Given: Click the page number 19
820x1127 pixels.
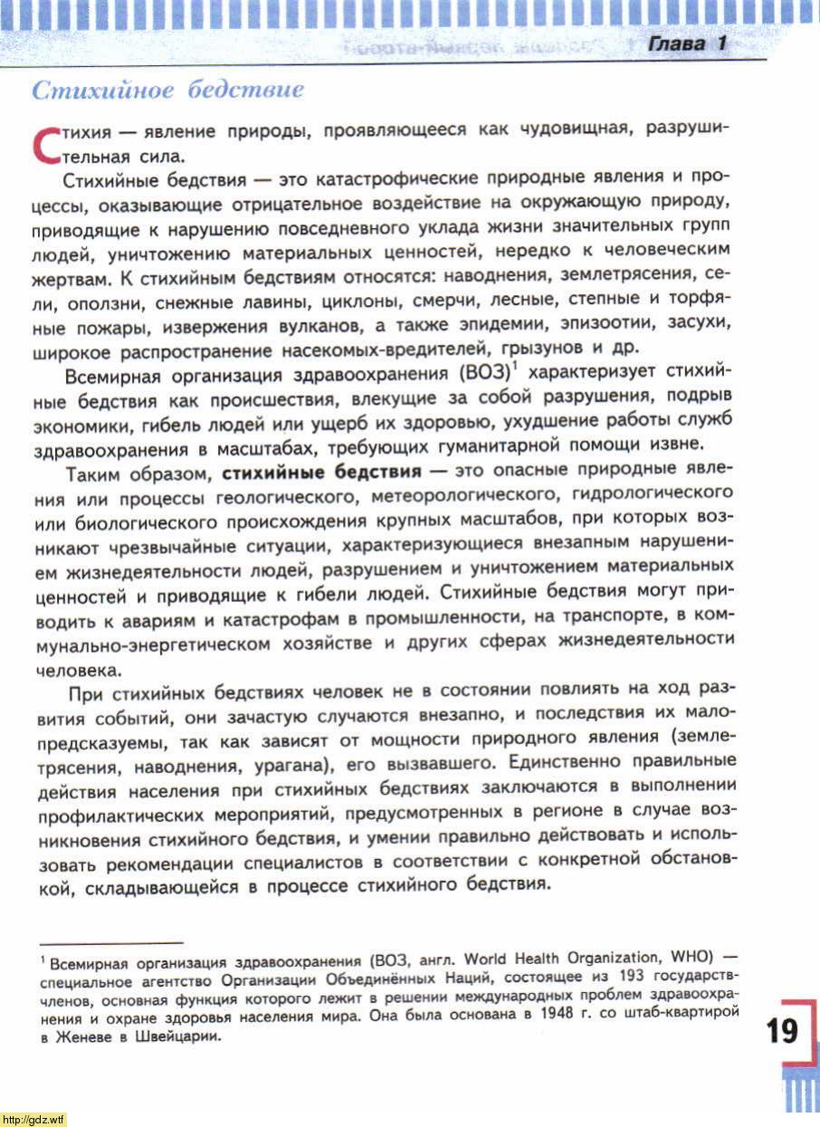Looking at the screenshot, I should coord(782,1031).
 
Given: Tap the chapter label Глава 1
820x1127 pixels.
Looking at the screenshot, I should coord(687,44).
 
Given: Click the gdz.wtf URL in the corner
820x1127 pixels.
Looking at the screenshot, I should coord(33,1120).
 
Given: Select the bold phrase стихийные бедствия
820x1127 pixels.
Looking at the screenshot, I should coord(321,472).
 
